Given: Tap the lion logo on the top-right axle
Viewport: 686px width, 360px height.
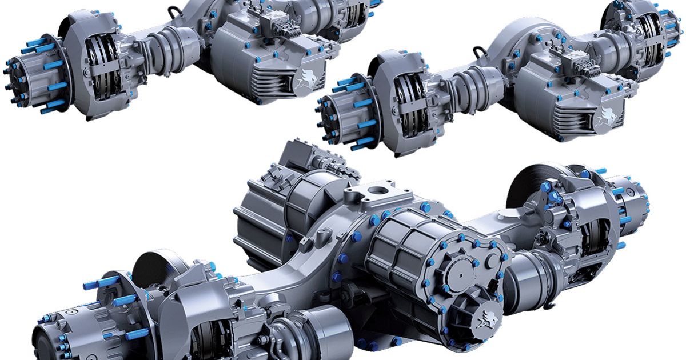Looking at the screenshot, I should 605,118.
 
